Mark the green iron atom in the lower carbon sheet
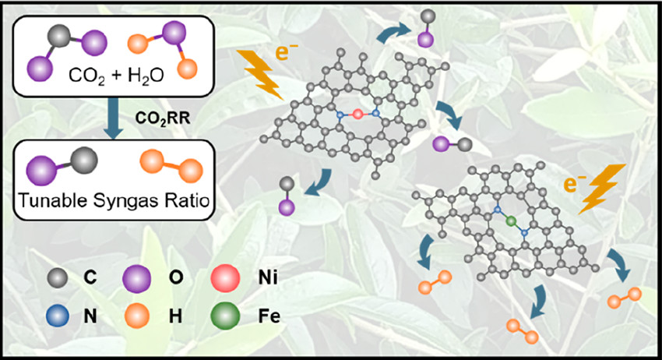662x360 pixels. (x=511, y=222)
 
